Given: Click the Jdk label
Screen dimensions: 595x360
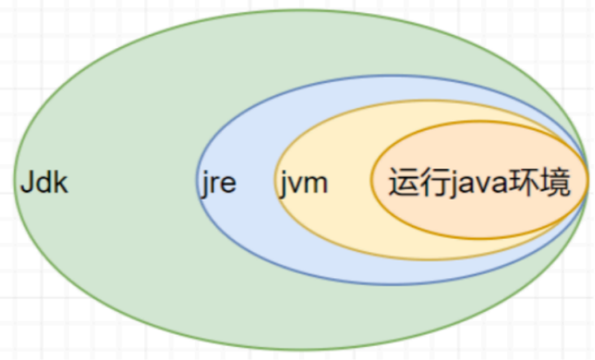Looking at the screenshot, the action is coord(44,183).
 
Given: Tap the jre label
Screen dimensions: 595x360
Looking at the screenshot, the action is coord(219,184).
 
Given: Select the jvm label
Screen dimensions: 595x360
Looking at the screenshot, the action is coord(303,184).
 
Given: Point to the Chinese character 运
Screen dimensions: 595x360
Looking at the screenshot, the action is coord(404,182).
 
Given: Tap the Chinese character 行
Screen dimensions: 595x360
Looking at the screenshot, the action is coord(435,182).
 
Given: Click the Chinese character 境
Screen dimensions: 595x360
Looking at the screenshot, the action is coord(555,182).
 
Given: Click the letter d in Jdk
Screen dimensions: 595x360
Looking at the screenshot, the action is coord(46,183).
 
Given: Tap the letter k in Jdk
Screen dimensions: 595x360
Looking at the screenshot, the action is coord(62,183).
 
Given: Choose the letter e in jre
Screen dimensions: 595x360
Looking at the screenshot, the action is coord(228,185).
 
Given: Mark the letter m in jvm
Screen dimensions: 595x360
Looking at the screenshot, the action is coord(315,185).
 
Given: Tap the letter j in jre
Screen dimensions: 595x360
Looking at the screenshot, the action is coord(205,185).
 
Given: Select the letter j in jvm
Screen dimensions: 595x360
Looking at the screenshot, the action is coord(283,185).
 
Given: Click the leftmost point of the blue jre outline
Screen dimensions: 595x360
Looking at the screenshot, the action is coord(197,180).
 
